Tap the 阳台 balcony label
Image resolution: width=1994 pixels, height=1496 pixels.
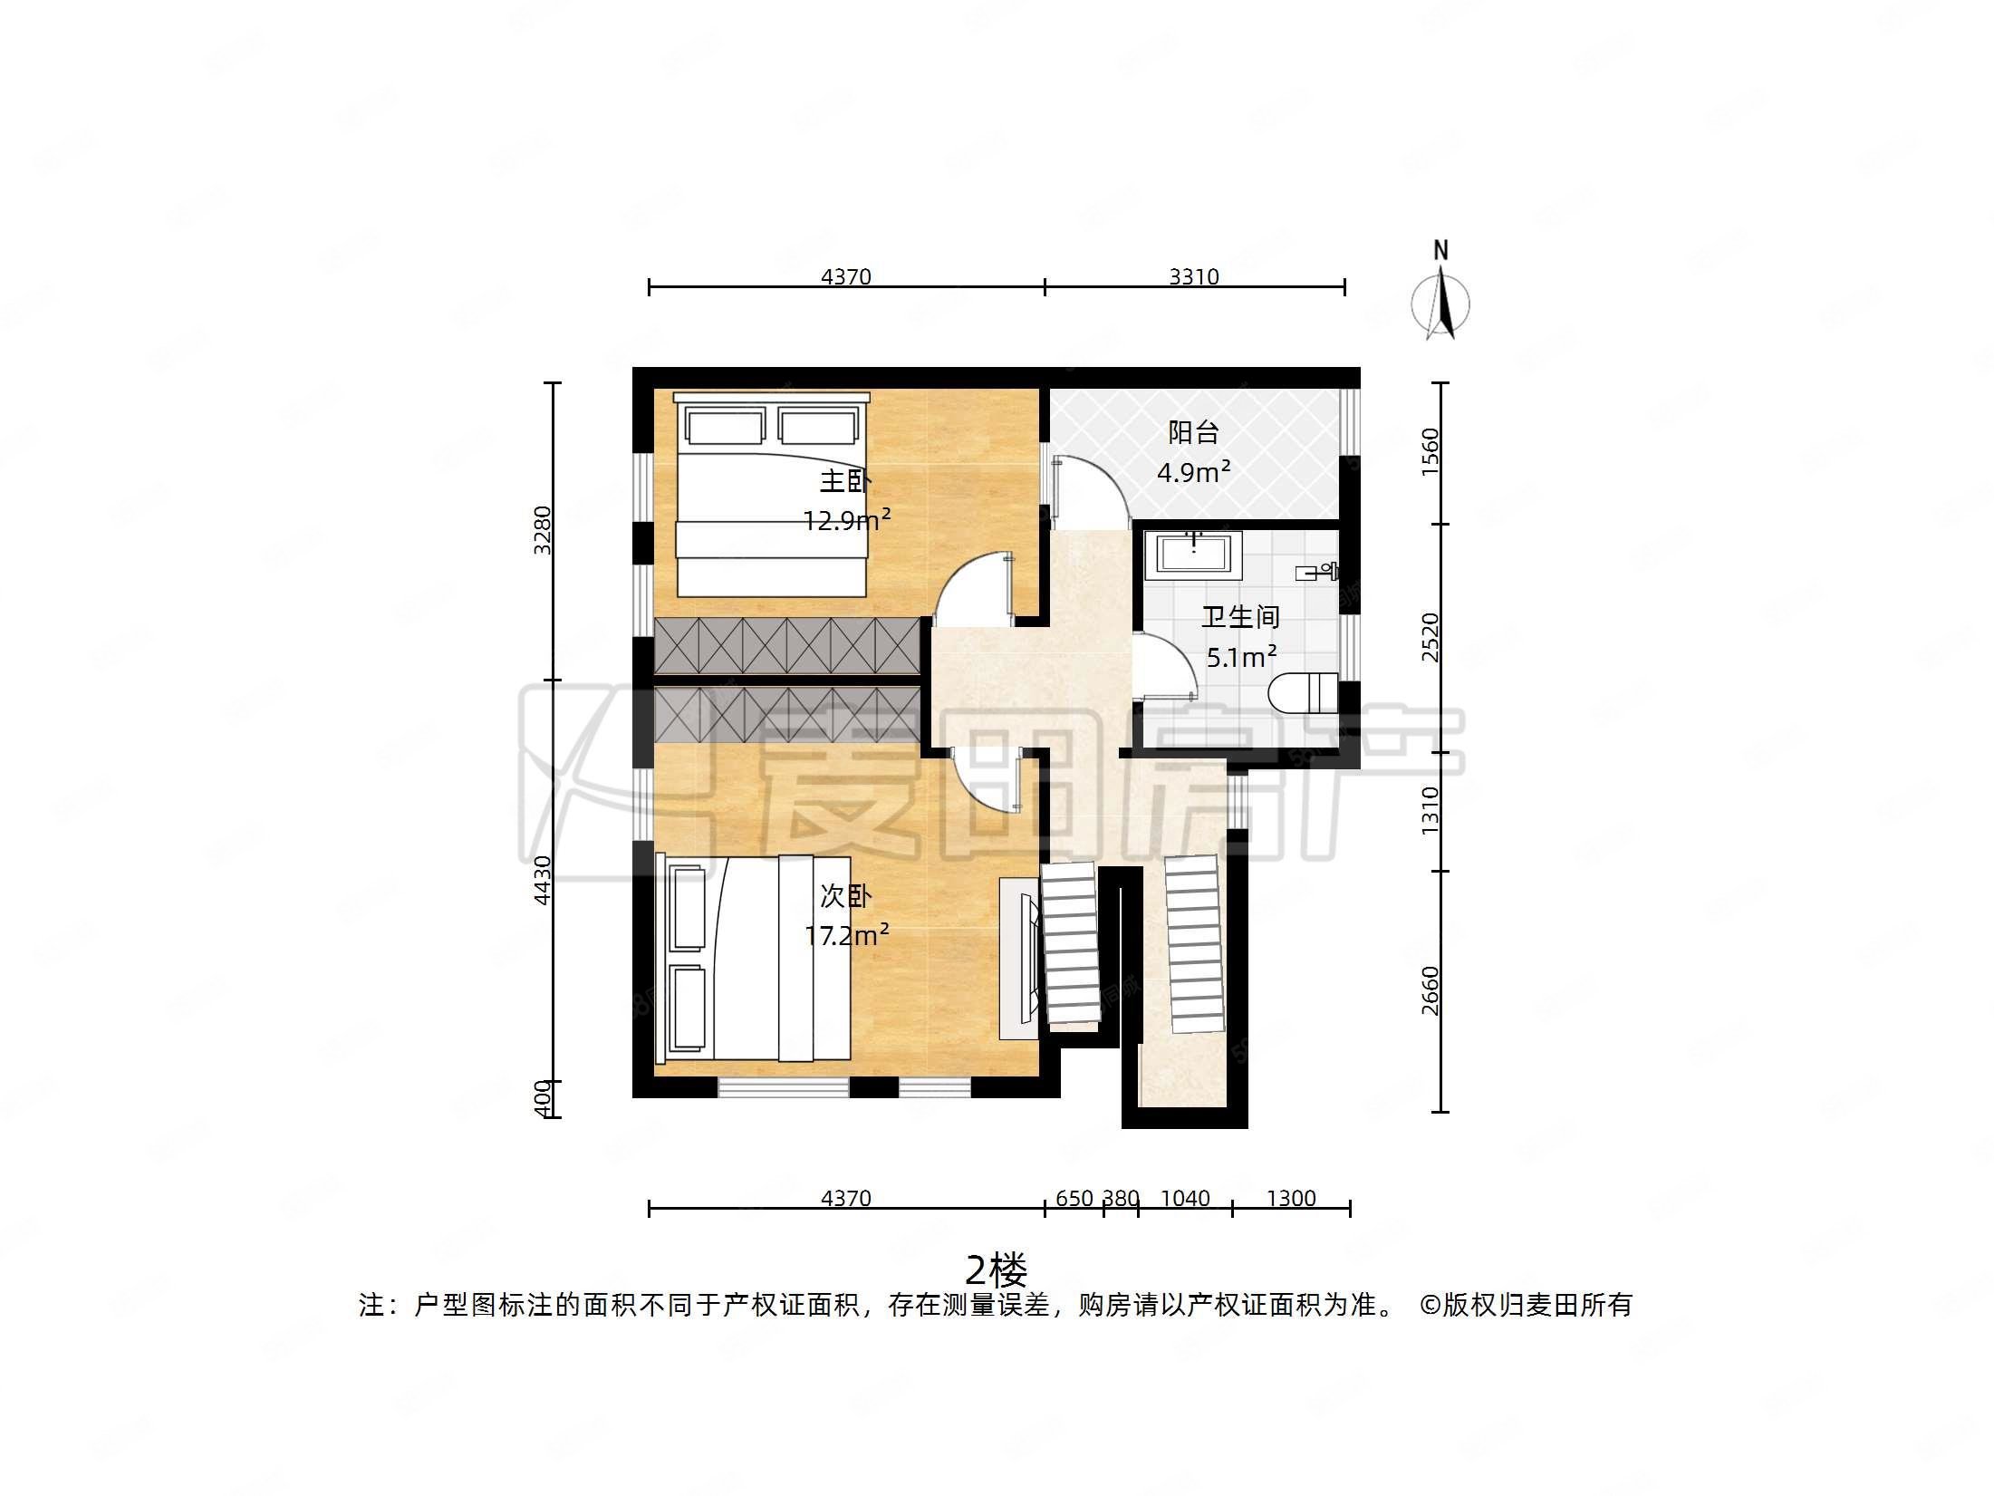pos(1192,432)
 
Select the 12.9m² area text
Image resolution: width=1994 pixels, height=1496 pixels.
pos(846,519)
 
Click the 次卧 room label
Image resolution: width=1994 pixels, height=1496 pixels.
pos(844,896)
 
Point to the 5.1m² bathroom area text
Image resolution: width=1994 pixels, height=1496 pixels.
pos(1240,656)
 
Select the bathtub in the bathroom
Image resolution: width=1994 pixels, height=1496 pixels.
pos(1192,555)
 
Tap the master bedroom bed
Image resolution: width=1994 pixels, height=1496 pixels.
pos(772,494)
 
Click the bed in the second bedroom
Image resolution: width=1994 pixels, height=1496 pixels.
pos(754,958)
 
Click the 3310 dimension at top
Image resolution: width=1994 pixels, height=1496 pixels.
pos(1193,276)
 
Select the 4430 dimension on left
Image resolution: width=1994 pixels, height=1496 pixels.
pos(542,879)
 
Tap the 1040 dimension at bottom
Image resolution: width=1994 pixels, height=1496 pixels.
pos(1184,1198)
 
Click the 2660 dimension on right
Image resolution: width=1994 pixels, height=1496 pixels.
pos(1430,990)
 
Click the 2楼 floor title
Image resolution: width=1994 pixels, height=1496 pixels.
pos(996,1270)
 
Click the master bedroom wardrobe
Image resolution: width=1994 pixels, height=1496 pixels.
pos(787,645)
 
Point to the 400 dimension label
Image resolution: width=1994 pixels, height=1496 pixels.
pos(542,1098)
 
